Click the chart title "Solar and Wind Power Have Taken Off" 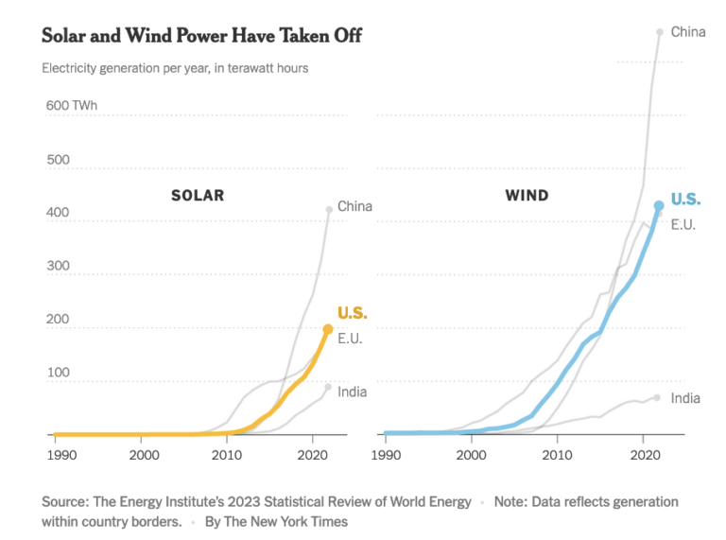pyautogui.click(x=201, y=35)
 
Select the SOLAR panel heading pyautogui.click(x=197, y=196)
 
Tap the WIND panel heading pyautogui.click(x=527, y=196)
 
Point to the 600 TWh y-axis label pyautogui.click(x=71, y=105)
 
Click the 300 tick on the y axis pyautogui.click(x=58, y=267)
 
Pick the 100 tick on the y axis pyautogui.click(x=58, y=373)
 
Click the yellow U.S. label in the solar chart pyautogui.click(x=353, y=314)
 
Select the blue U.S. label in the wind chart pyautogui.click(x=685, y=199)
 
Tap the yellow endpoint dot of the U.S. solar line pyautogui.click(x=328, y=329)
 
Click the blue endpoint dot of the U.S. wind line pyautogui.click(x=659, y=205)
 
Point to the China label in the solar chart pyautogui.click(x=354, y=206)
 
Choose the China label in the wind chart pyautogui.click(x=688, y=32)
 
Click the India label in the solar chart pyautogui.click(x=352, y=392)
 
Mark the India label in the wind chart pyautogui.click(x=685, y=398)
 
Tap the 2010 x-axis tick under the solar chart pyautogui.click(x=227, y=455)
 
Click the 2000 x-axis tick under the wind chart pyautogui.click(x=473, y=455)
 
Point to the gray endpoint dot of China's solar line pyautogui.click(x=329, y=209)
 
